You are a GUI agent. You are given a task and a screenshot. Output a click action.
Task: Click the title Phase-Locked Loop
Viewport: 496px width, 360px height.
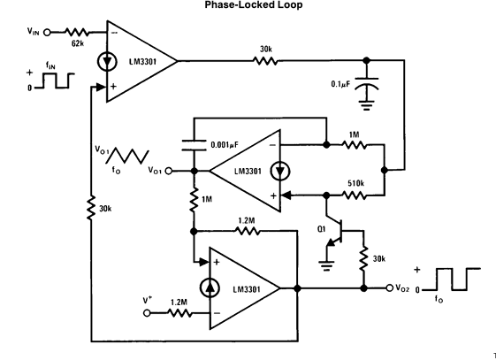[254, 5]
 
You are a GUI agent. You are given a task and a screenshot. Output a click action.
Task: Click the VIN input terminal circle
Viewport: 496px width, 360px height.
[47, 32]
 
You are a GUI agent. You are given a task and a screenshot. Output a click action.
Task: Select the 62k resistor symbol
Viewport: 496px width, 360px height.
[76, 32]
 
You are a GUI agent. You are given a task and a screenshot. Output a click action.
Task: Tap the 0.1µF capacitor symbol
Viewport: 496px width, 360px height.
[366, 84]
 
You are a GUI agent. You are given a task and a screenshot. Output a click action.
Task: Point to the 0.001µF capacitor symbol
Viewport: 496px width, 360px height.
[195, 145]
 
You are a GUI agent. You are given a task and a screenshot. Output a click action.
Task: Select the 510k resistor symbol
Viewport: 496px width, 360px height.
[355, 195]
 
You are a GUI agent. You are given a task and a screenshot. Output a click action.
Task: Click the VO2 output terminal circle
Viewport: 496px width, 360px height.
[390, 287]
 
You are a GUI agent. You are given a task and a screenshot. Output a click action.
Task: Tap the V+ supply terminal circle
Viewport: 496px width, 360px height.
[147, 313]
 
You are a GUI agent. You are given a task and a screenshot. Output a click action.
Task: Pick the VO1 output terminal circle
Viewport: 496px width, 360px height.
[169, 171]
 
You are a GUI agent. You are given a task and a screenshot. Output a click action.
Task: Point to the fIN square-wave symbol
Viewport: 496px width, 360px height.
[55, 80]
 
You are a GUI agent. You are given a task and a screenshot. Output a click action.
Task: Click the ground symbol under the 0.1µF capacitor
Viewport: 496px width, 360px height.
[366, 105]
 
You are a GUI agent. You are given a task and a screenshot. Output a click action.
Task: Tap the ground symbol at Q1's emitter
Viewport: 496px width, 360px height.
[326, 265]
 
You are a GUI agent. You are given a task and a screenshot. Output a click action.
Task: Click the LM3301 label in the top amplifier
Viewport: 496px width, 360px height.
[142, 61]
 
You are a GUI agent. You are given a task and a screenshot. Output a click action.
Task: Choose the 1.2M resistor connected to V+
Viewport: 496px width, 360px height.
[179, 313]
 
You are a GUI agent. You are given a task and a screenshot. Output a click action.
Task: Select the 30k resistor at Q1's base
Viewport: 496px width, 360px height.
[363, 259]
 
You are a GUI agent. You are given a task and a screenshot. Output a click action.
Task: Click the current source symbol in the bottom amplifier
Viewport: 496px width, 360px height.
[210, 287]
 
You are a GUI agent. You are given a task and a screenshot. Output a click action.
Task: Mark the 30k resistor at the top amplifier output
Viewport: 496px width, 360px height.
[266, 60]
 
